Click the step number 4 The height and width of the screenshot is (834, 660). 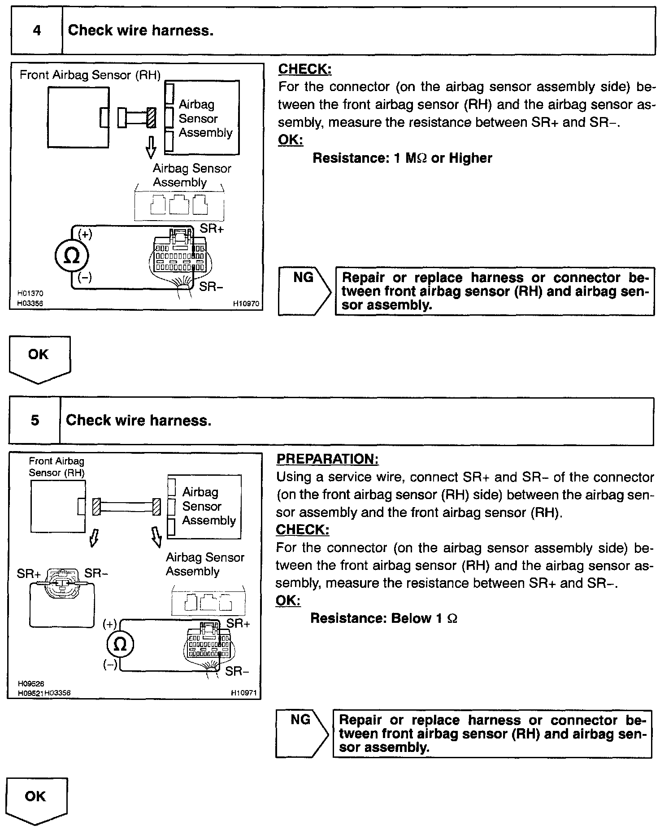pyautogui.click(x=37, y=30)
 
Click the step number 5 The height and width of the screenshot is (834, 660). pyautogui.click(x=35, y=421)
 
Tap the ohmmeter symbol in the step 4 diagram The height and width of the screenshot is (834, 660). pyautogui.click(x=72, y=256)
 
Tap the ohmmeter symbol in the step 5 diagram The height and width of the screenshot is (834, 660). pyautogui.click(x=121, y=644)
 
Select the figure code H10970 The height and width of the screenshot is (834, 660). pyautogui.click(x=246, y=304)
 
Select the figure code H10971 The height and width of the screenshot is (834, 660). pyautogui.click(x=243, y=693)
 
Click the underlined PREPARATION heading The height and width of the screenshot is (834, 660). pyautogui.click(x=327, y=459)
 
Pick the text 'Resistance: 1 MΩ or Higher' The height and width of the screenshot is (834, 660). pyautogui.click(x=402, y=158)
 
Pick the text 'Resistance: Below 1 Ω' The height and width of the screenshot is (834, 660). pyautogui.click(x=384, y=618)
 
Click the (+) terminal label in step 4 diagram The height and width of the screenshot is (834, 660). pyautogui.click(x=85, y=235)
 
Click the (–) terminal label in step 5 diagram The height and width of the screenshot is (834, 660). pyautogui.click(x=110, y=665)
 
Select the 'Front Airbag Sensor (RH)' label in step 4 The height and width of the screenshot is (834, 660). pyautogui.click(x=90, y=75)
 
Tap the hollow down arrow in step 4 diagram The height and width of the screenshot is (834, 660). pyautogui.click(x=151, y=147)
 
